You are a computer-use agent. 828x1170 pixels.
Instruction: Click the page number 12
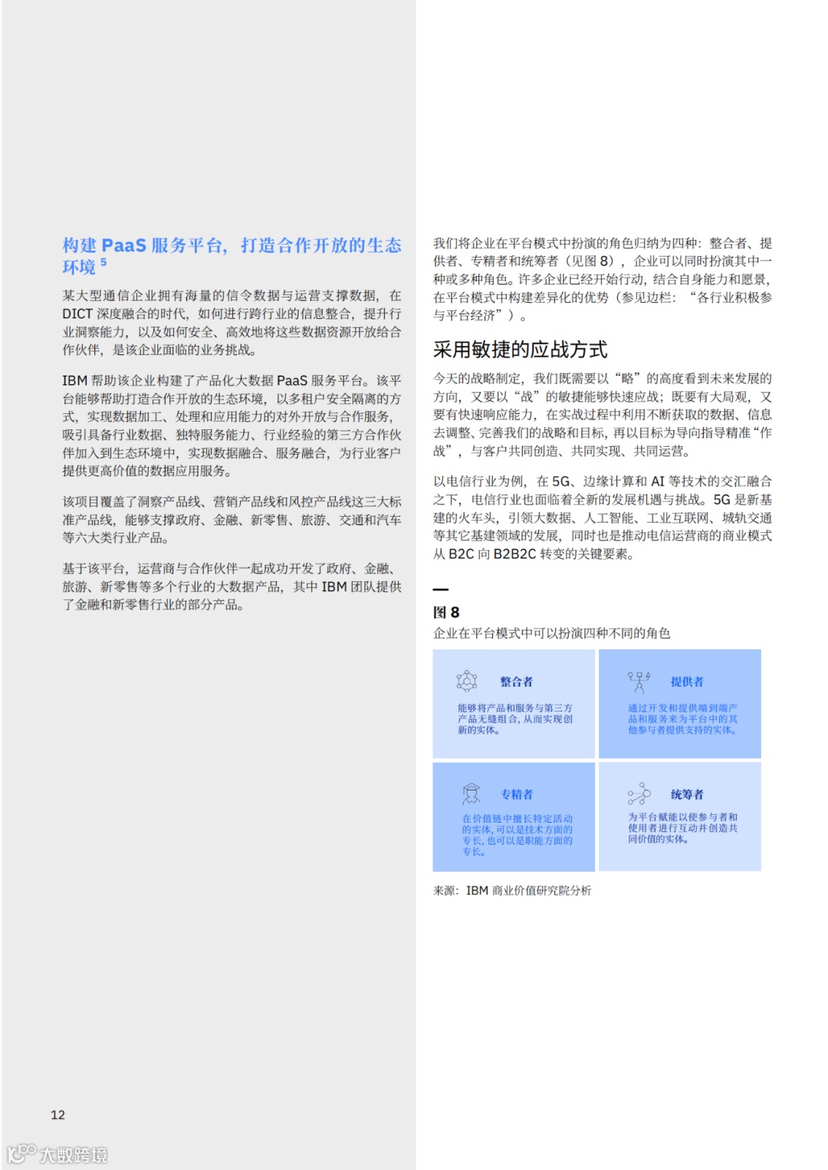tap(58, 1115)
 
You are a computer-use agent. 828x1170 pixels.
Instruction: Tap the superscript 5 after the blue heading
tap(103, 263)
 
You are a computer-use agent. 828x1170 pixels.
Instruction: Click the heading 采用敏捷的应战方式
tap(520, 350)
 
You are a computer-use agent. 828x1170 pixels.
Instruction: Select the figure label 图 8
tap(446, 613)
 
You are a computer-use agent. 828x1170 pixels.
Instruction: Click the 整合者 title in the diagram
tap(516, 682)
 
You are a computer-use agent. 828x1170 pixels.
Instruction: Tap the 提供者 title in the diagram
tap(686, 682)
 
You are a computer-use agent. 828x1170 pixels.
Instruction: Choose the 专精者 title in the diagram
tap(516, 794)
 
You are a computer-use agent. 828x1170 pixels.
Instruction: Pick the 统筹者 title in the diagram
tap(686, 794)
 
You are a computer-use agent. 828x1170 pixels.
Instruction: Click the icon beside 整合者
tap(466, 681)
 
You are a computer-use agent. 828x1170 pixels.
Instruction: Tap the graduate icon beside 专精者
tap(471, 794)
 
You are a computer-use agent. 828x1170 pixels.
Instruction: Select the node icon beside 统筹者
tap(639, 794)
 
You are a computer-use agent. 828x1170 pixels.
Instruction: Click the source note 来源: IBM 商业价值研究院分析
tap(512, 890)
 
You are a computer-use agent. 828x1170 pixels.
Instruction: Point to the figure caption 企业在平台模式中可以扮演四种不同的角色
tap(551, 633)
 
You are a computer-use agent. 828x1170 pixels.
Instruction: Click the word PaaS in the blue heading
tap(123, 245)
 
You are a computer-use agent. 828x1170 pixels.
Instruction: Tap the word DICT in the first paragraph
tap(77, 314)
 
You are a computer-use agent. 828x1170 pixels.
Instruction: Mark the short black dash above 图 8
tap(440, 590)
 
